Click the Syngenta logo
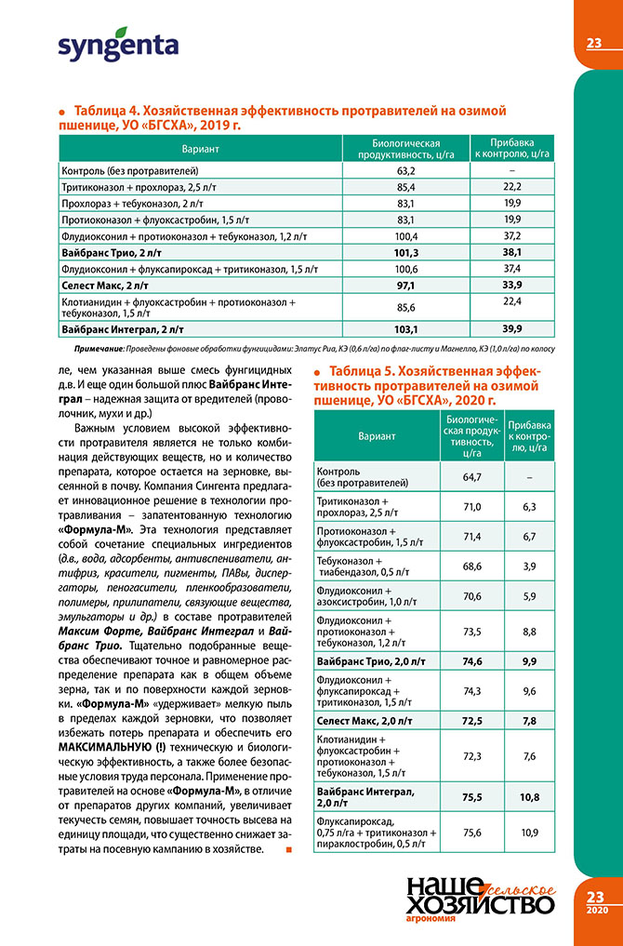point(118,45)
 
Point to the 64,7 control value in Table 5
point(471,477)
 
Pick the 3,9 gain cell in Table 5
point(531,566)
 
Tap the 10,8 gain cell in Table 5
point(531,796)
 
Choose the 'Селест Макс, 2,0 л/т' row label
point(366,721)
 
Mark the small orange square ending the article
point(289,849)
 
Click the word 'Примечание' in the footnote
point(94,347)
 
